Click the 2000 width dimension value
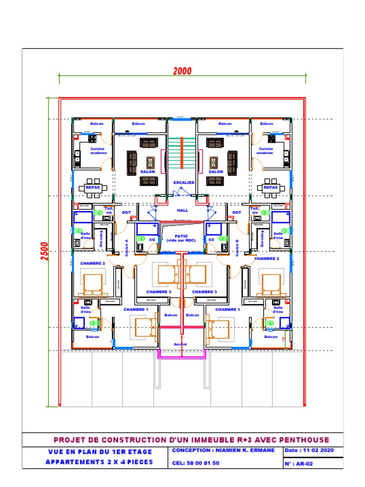pyautogui.click(x=182, y=71)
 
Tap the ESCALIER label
pyautogui.click(x=183, y=182)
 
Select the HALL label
pyautogui.click(x=182, y=210)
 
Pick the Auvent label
pyautogui.click(x=181, y=344)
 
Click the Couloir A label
pyautogui.click(x=127, y=247)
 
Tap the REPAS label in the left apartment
pyautogui.click(x=92, y=187)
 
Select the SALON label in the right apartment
pyautogui.click(x=216, y=172)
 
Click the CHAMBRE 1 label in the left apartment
pyautogui.click(x=136, y=310)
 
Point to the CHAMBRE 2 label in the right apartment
pyautogui.click(x=267, y=259)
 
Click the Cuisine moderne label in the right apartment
pyautogui.click(x=265, y=151)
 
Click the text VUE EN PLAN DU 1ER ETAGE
pyautogui.click(x=100, y=452)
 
